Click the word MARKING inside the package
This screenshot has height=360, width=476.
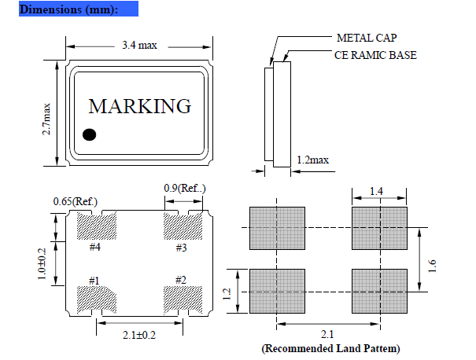tap(139, 106)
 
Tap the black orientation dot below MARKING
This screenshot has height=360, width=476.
tap(90, 135)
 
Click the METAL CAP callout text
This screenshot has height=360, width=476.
tap(365, 38)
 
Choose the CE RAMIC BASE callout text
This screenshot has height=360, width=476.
tap(375, 55)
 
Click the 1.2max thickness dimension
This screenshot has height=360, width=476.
tap(312, 160)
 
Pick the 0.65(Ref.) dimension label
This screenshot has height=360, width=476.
tap(75, 201)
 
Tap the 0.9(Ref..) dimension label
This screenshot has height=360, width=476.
tap(184, 188)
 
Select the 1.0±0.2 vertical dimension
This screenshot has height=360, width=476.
tap(43, 264)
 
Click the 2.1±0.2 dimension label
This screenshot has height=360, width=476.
tap(139, 336)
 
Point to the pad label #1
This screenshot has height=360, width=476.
tap(94, 281)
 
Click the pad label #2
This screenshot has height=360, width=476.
tap(180, 281)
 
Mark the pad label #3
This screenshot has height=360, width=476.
tap(180, 248)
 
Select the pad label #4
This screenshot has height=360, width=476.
tap(94, 248)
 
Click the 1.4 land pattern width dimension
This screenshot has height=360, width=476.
tap(378, 191)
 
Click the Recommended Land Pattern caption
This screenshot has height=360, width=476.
tap(330, 347)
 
